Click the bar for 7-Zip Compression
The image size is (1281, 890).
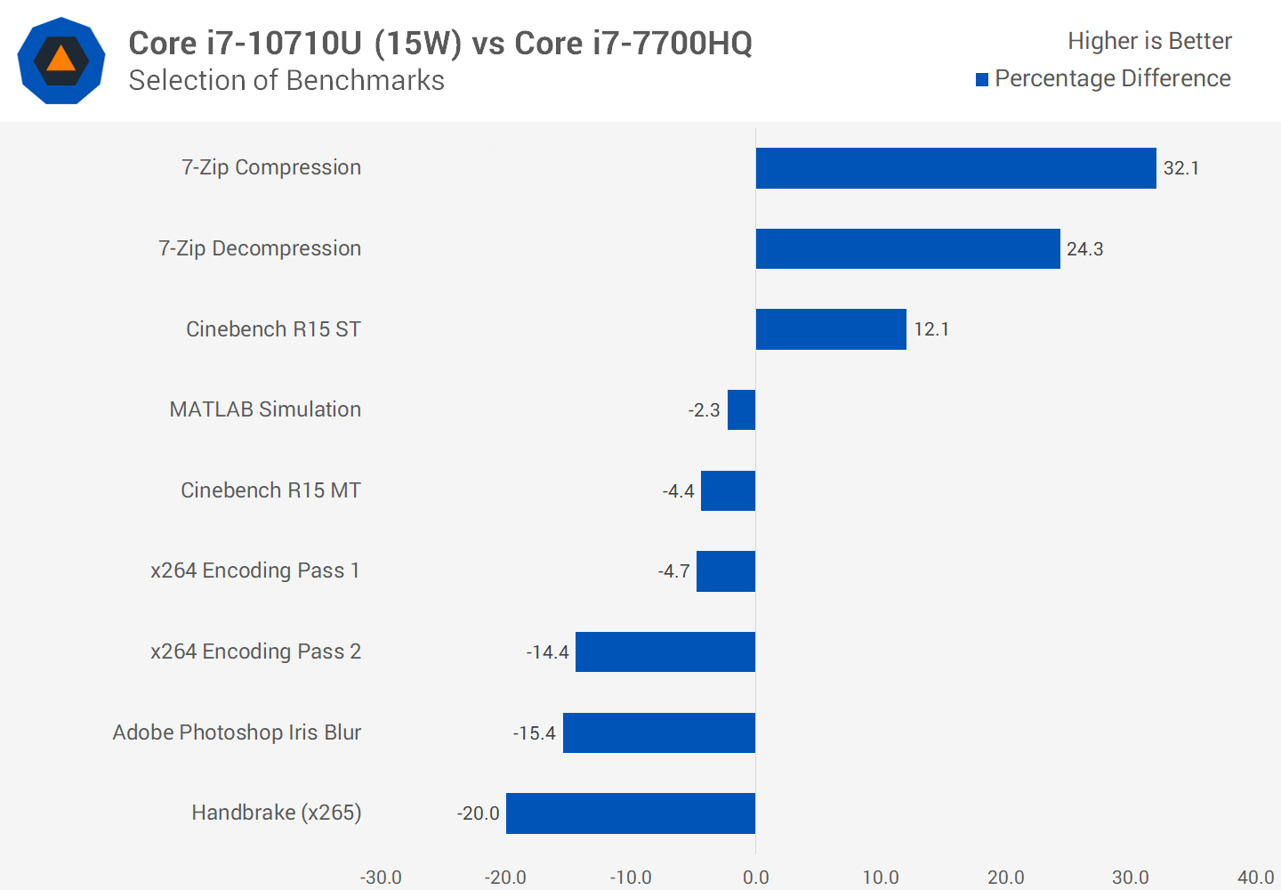point(955,168)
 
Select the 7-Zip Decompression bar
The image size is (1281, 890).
point(907,248)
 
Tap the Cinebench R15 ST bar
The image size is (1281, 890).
point(831,329)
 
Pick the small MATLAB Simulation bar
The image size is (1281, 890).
point(741,410)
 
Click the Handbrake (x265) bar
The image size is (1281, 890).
point(630,813)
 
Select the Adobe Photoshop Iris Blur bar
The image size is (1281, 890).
point(658,732)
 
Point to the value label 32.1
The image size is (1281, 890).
point(1181,168)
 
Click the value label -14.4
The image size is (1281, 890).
point(547,652)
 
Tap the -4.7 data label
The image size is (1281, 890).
point(673,571)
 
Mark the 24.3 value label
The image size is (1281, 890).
point(1084,249)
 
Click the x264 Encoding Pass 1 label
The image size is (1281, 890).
point(255,570)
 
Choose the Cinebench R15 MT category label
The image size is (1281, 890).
point(270,490)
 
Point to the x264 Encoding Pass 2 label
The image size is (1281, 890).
point(255,651)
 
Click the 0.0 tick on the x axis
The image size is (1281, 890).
point(755,878)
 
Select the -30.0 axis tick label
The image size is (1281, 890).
point(381,878)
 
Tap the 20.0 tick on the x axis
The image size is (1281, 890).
point(1005,878)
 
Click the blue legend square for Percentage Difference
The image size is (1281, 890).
point(982,80)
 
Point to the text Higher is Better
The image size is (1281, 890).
point(1149,41)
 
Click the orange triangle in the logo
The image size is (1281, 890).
point(60,60)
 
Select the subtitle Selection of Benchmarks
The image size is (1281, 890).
point(286,80)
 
